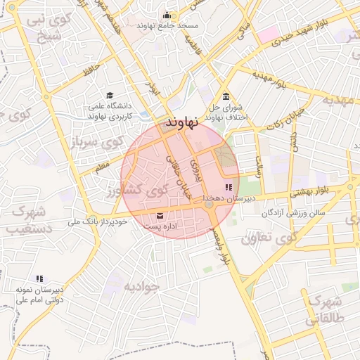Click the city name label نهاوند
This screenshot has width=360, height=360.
point(182,122)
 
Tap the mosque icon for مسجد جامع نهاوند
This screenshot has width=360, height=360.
point(167,15)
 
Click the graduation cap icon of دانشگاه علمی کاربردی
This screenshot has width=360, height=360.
point(109,95)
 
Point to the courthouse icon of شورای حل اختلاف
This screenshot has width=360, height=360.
point(225,96)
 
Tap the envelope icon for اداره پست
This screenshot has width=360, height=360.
point(160,215)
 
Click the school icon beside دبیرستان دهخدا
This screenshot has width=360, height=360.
point(228,187)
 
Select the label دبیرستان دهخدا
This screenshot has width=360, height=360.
point(229,199)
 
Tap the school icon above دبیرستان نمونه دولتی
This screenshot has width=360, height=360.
point(39,278)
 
